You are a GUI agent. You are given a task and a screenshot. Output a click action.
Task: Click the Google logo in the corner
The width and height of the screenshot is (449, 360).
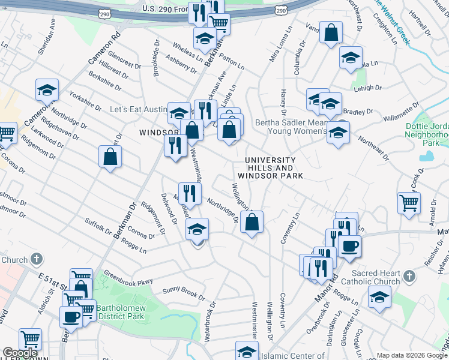click(x=20, y=353)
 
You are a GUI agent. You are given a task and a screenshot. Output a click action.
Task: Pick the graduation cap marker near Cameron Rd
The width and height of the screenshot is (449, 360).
click(x=46, y=90)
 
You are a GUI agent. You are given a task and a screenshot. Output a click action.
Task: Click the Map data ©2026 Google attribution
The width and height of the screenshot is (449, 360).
click(x=412, y=355)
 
